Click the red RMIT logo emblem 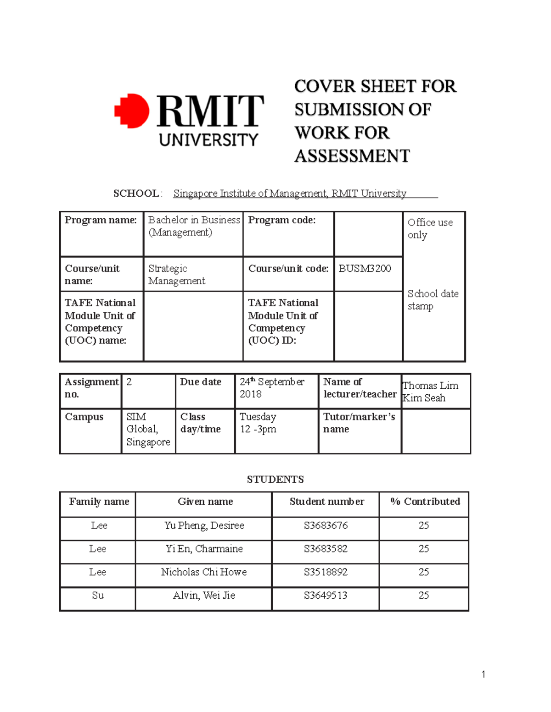[132, 111]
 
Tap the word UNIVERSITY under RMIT [208, 139]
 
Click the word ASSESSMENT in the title [352, 156]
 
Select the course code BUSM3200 [365, 269]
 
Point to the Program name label [101, 220]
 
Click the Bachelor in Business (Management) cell [193, 226]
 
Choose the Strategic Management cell [176, 275]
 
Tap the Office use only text [430, 228]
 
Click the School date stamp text [433, 299]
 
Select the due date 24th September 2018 [271, 387]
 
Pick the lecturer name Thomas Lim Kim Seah [430, 392]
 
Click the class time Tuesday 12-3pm [258, 423]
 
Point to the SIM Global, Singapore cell [147, 429]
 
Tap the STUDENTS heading [275, 480]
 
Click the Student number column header [326, 502]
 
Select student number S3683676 [326, 525]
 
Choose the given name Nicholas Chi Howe [204, 572]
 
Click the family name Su [98, 596]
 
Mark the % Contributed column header [425, 502]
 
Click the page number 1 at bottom [483, 674]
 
